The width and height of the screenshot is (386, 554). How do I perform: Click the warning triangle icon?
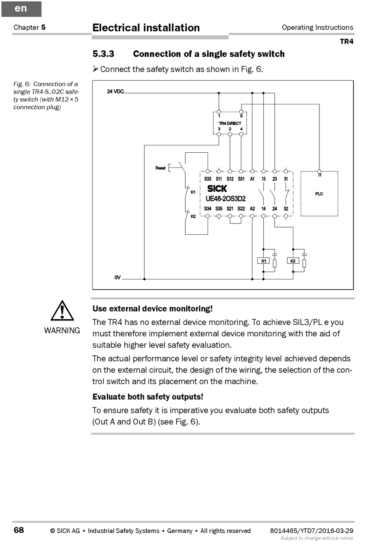[x=62, y=311]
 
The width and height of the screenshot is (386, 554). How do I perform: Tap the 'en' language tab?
[x=21, y=9]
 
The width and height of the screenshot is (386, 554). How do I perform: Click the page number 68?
[x=19, y=530]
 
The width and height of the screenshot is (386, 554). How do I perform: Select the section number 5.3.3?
[x=103, y=54]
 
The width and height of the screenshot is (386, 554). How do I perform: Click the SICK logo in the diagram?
[x=217, y=188]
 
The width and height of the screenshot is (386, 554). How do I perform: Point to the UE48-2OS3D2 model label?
[x=226, y=199]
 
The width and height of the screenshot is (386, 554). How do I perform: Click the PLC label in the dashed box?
[x=319, y=194]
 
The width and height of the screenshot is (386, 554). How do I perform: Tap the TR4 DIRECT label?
[x=230, y=123]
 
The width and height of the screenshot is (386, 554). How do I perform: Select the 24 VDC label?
[x=115, y=91]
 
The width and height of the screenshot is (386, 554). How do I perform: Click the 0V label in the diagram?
[x=117, y=277]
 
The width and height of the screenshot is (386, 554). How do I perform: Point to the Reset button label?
[x=160, y=168]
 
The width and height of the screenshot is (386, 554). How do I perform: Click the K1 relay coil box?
[x=264, y=261]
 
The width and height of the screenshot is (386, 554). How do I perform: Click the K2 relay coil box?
[x=293, y=261]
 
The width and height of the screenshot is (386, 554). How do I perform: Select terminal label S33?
[x=208, y=179]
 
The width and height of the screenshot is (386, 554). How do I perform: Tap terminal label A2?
[x=252, y=209]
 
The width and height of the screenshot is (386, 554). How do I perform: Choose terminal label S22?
[x=241, y=209]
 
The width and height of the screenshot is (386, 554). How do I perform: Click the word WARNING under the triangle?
[x=62, y=331]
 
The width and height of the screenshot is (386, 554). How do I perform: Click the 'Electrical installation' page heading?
[x=146, y=28]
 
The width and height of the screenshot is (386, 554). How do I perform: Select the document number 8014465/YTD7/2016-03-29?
[x=312, y=530]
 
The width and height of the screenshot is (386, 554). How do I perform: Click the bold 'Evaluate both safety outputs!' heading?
[x=148, y=397]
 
